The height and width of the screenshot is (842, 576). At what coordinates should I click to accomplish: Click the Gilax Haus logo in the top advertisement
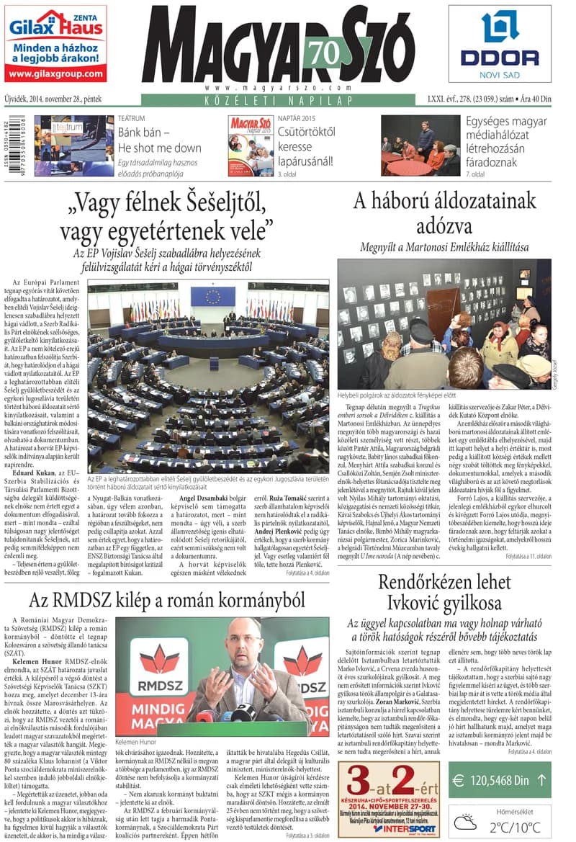pyautogui.click(x=55, y=27)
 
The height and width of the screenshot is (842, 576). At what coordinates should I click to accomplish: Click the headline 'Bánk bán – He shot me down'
pyautogui.click(x=159, y=140)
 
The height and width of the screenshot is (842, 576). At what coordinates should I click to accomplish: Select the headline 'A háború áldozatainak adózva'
pyautogui.click(x=444, y=213)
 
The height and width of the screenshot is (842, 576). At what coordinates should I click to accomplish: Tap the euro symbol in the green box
pyautogui.click(x=458, y=780)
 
